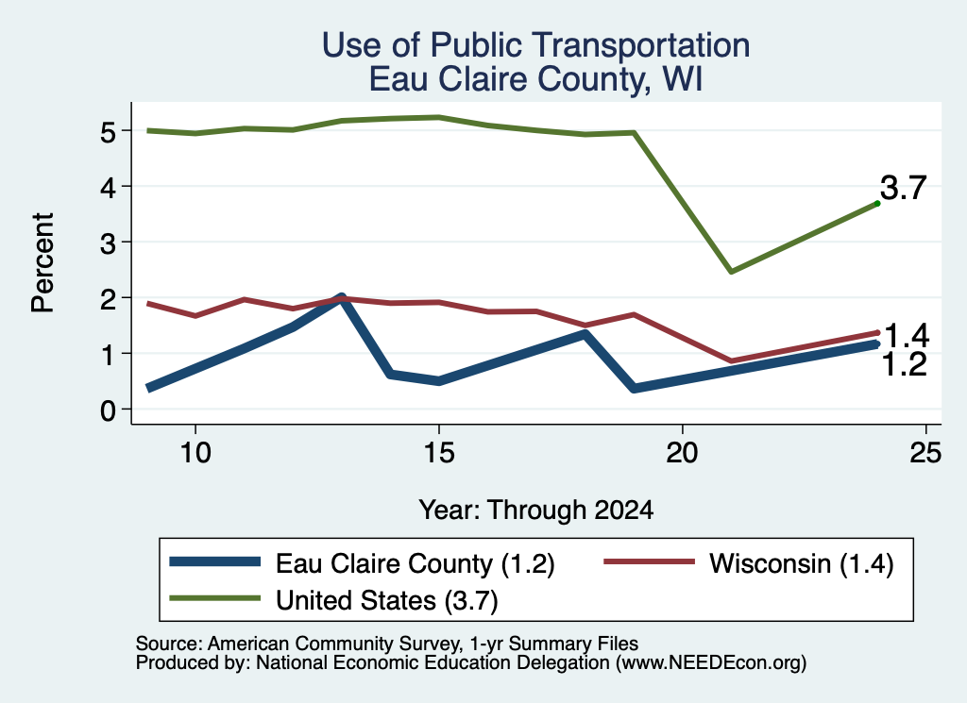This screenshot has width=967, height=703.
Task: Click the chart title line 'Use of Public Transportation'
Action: (x=536, y=45)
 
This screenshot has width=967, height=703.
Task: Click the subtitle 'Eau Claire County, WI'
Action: (x=536, y=79)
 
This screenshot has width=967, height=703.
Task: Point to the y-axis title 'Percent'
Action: (x=43, y=263)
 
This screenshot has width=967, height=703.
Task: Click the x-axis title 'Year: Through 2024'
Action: (x=536, y=511)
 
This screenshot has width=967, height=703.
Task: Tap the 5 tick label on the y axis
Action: (x=108, y=131)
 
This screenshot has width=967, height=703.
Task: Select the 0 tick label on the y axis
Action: (x=108, y=410)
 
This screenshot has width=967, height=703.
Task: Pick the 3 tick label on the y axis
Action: (x=108, y=243)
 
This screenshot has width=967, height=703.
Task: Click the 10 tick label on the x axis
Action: (x=195, y=453)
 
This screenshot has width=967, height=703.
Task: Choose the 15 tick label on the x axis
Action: (x=439, y=453)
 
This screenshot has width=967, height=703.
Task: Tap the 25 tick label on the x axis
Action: (x=925, y=453)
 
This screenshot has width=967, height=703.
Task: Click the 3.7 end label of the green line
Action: (x=903, y=187)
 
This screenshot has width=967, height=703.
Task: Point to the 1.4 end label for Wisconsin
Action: (x=906, y=337)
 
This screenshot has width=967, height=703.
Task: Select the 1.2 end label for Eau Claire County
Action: (x=905, y=365)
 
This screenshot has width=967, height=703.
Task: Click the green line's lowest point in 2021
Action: (x=731, y=272)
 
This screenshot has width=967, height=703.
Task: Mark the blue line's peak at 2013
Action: (x=341, y=297)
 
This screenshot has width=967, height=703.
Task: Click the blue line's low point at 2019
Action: (x=634, y=388)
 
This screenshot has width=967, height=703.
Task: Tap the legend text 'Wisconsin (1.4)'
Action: (x=801, y=563)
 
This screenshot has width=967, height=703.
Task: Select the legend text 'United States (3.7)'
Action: (x=386, y=600)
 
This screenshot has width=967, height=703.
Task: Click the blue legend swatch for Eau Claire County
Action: (x=214, y=561)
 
